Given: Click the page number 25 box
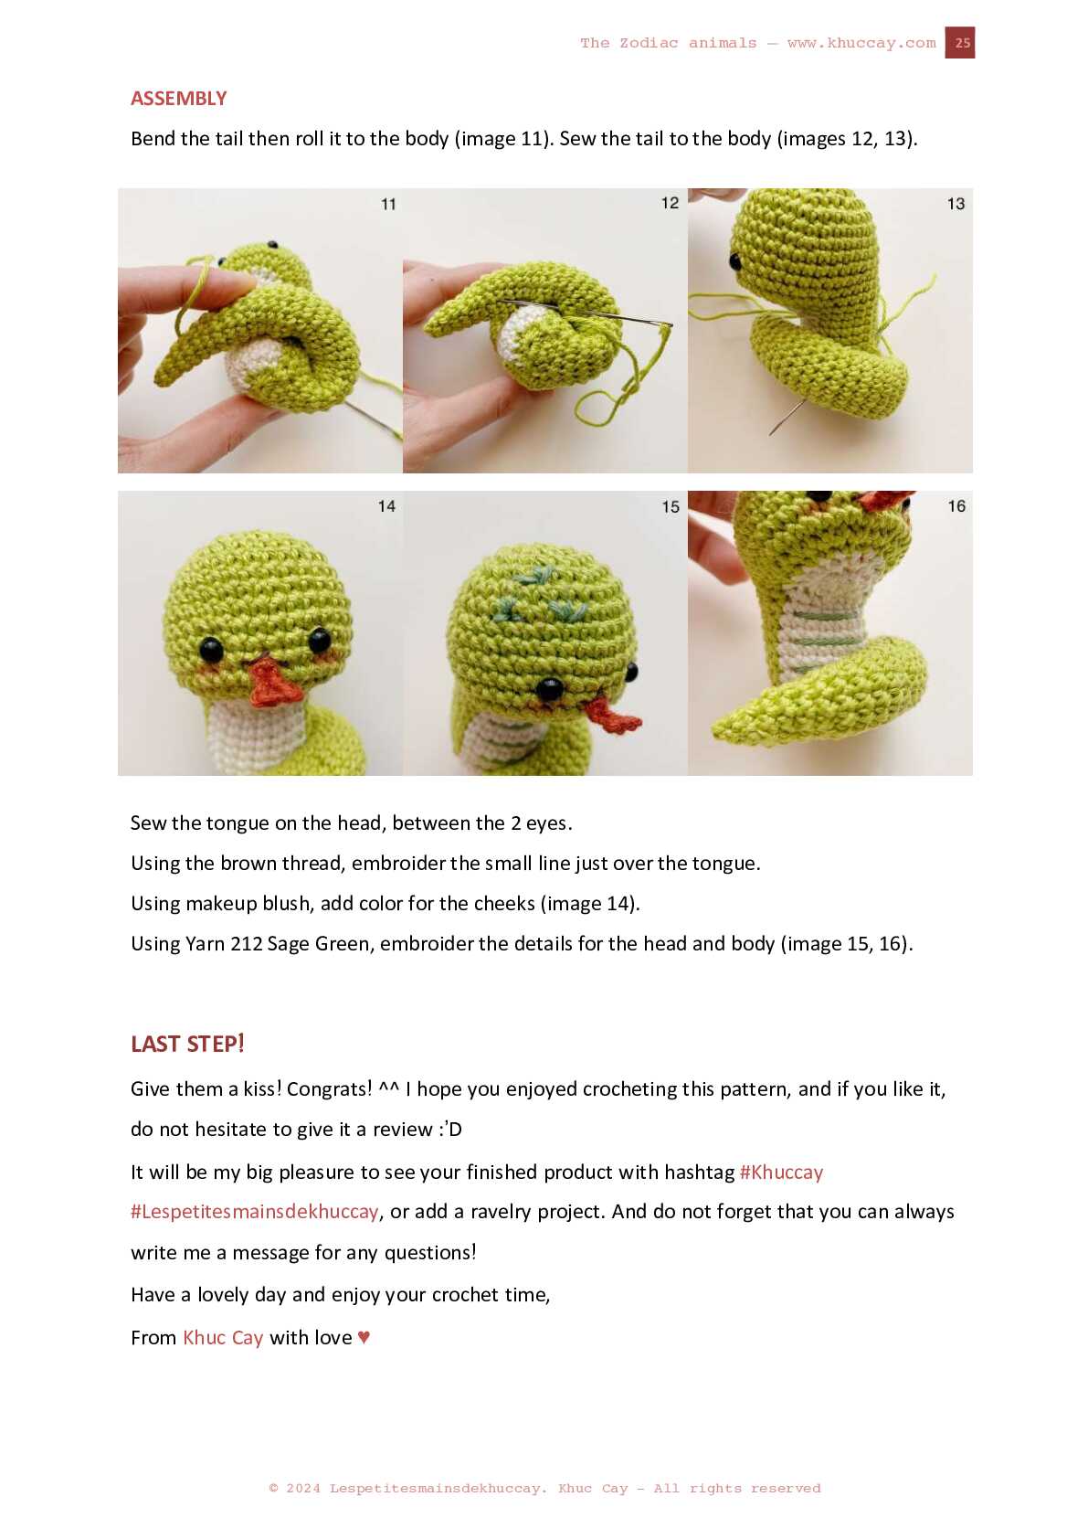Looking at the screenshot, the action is (x=959, y=43).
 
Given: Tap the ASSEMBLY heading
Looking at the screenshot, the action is (x=178, y=99).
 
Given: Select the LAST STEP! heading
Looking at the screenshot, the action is (x=187, y=1044).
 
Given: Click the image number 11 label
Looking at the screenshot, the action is (x=388, y=204).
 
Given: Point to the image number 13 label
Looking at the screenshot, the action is (x=956, y=204).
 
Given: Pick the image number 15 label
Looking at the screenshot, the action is (x=671, y=507).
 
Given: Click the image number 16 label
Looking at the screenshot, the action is (x=956, y=506).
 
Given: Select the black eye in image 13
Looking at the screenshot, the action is (x=735, y=261).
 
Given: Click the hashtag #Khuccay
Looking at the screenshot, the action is (x=781, y=1173).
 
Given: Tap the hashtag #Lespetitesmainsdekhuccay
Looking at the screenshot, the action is (x=254, y=1212).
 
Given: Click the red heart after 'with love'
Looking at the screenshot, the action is (x=364, y=1337).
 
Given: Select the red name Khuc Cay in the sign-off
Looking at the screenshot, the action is (x=223, y=1338).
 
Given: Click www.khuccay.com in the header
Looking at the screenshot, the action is (x=861, y=43).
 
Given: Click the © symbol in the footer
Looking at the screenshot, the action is (x=273, y=1488).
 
